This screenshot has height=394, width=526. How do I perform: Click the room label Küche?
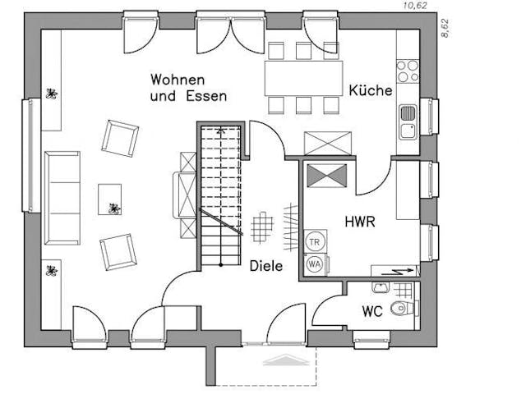tap(370, 90)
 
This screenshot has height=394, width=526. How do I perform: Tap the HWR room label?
tap(360, 222)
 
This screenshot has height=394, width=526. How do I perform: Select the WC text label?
tap(372, 312)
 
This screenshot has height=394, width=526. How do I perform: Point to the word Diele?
tap(265, 266)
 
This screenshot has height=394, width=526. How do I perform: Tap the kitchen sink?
tap(407, 121)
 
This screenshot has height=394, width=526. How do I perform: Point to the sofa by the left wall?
tap(62, 197)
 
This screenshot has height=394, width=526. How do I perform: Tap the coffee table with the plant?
tap(111, 199)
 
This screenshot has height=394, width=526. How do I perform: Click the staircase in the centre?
tap(219, 197)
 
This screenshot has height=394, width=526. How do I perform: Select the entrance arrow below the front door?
tap(281, 358)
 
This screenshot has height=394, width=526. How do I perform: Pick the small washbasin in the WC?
tap(380, 286)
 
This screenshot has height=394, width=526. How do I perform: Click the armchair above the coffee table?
tap(120, 137)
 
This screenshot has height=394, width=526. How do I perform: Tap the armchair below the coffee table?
tap(118, 252)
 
